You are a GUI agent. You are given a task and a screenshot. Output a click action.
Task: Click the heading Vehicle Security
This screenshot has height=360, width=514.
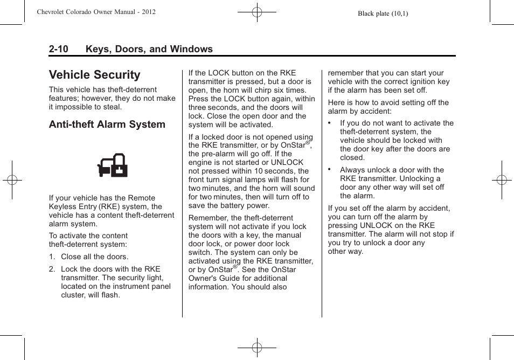94,75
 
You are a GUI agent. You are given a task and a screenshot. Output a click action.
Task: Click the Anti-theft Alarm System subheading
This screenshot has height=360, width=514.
107,124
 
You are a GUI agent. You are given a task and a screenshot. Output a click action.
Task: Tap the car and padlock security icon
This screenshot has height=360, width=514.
113,166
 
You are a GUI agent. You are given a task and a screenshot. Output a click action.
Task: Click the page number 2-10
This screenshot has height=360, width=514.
58,49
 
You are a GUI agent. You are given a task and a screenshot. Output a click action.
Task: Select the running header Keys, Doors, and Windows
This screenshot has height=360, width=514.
149,49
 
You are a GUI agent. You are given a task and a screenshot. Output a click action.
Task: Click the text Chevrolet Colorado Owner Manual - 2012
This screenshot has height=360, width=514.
96,11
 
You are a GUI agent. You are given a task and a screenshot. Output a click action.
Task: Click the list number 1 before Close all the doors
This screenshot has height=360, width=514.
52,257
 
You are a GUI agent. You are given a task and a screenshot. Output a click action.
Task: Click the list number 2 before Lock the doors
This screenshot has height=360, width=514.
52,269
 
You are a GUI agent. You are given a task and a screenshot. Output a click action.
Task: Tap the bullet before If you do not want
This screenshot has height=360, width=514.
330,123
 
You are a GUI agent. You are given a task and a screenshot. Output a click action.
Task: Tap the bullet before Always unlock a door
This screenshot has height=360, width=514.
330,169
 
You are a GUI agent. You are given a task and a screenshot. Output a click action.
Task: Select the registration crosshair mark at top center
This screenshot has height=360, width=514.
257,11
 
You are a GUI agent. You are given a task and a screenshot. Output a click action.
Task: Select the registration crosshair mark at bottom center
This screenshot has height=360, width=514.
257,348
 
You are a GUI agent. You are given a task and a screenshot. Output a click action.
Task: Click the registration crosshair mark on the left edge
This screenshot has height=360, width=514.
12,180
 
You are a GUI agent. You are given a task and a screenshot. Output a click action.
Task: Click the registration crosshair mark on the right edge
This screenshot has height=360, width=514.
502,180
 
